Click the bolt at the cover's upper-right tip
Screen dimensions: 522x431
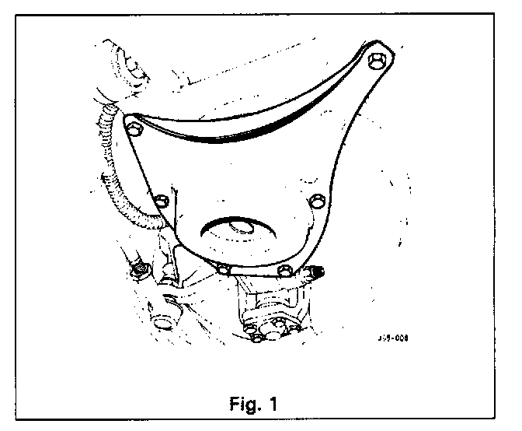click(x=378, y=62)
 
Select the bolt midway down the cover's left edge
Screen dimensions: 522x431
click(x=162, y=202)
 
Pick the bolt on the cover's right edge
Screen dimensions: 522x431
click(x=315, y=201)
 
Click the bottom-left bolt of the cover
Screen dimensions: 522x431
click(x=223, y=269)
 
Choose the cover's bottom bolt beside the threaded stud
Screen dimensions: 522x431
click(x=284, y=271)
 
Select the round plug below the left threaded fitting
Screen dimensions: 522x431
click(x=161, y=324)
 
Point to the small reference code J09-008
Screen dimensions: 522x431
click(x=394, y=338)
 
